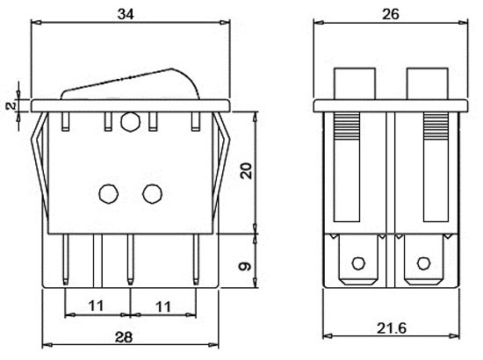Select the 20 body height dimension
(x=247, y=169)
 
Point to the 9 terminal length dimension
(x=247, y=263)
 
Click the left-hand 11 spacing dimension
(x=97, y=306)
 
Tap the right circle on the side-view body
(x=152, y=191)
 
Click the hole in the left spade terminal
(x=357, y=263)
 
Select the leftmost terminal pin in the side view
(x=66, y=259)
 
